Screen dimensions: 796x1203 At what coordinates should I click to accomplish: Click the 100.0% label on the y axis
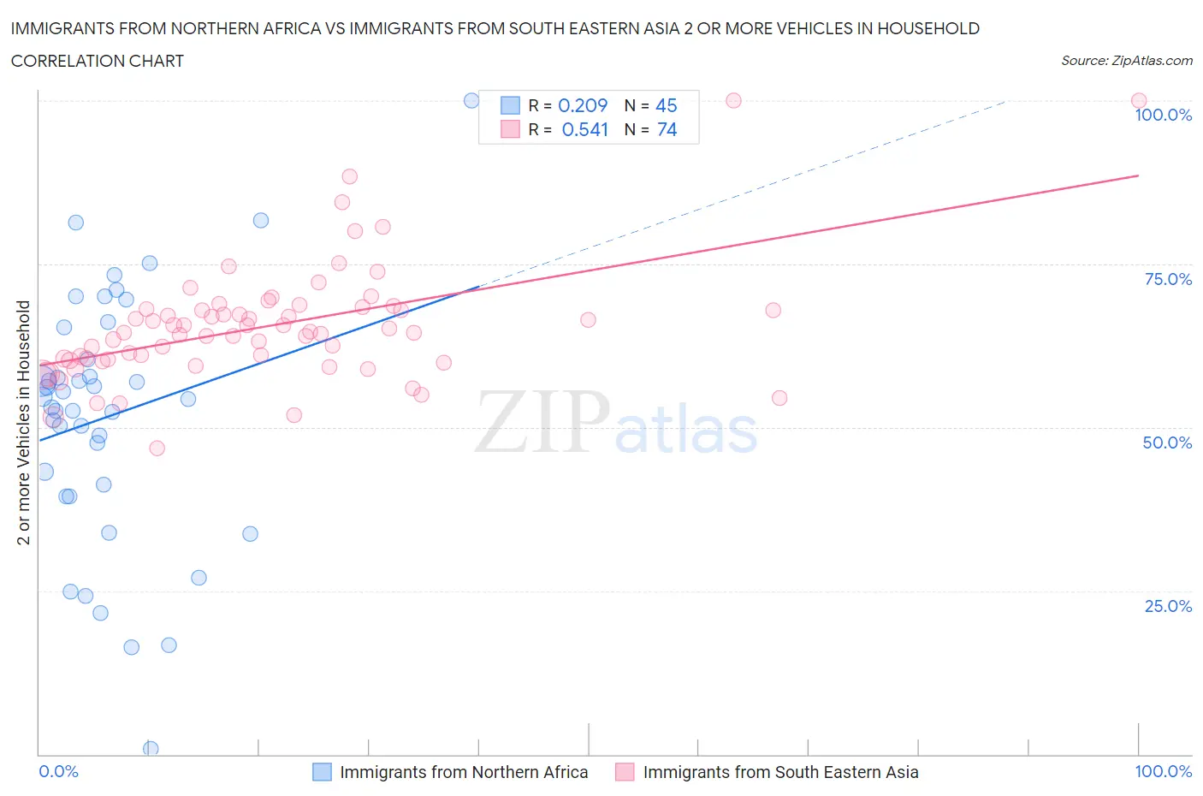[1163, 115]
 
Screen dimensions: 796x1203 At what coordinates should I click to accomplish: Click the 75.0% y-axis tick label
[1168, 279]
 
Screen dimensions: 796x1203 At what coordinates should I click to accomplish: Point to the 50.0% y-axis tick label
[1167, 443]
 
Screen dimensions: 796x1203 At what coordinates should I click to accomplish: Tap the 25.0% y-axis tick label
[1168, 606]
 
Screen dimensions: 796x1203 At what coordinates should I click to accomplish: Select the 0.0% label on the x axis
[58, 771]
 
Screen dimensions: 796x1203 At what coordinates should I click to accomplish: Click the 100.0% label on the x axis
[1163, 771]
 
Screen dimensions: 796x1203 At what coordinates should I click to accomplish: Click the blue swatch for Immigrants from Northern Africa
[322, 772]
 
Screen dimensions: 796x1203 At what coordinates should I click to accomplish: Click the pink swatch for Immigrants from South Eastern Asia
[625, 772]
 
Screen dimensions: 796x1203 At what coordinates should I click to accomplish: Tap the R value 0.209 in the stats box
[583, 105]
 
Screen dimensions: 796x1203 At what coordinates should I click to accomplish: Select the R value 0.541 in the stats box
[584, 129]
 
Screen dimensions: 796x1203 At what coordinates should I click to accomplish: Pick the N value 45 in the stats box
[666, 105]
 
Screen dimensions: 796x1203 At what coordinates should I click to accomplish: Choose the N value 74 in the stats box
[667, 129]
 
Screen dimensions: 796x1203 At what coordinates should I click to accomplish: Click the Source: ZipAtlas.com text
[1126, 61]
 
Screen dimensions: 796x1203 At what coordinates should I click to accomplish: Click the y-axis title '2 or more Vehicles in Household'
[24, 422]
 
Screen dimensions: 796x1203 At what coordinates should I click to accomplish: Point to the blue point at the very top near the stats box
[471, 100]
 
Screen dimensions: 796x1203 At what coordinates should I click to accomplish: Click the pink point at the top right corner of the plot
[1138, 100]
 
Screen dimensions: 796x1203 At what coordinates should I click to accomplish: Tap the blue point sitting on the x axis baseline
[151, 748]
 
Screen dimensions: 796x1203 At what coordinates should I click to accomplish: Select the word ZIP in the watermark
[542, 421]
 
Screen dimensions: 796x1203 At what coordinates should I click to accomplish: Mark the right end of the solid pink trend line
[1138, 175]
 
